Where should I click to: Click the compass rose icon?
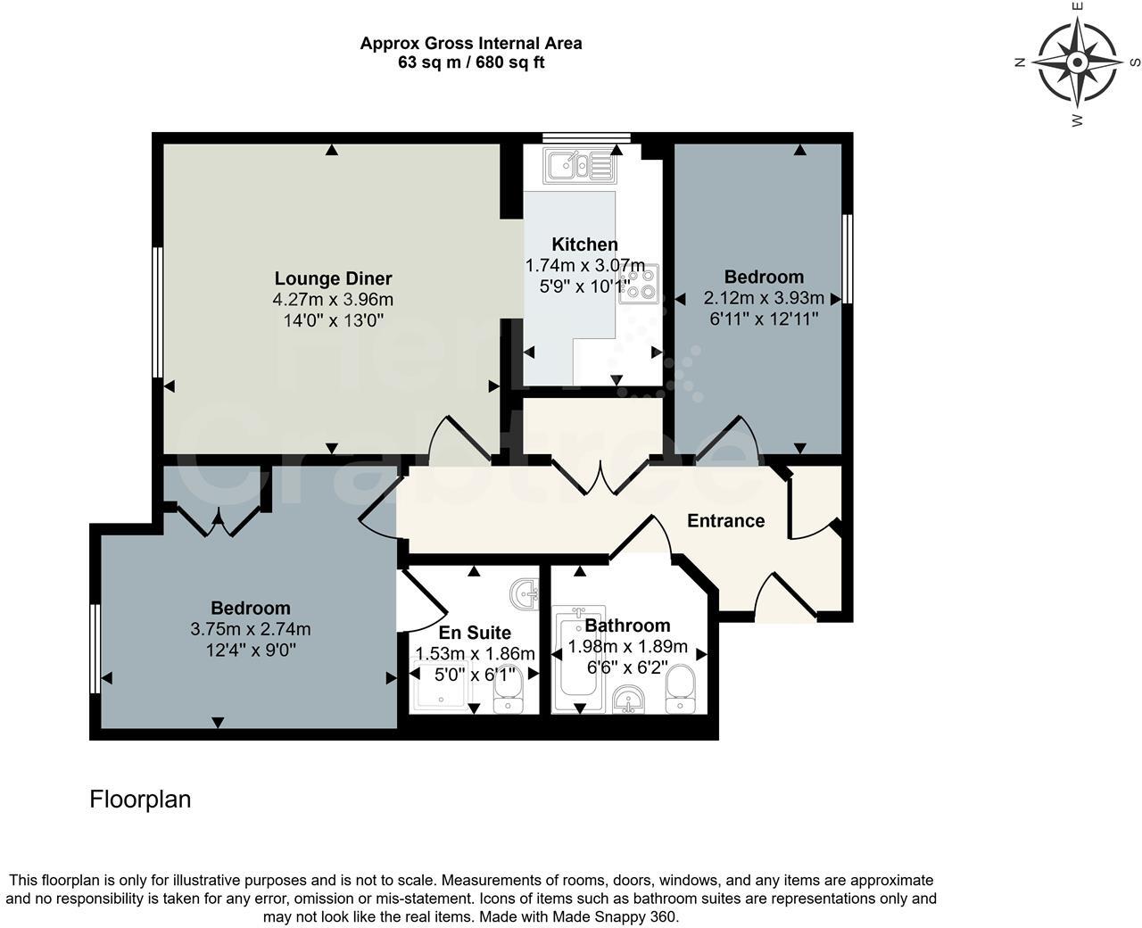point(1077,62)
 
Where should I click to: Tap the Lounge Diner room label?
point(333,278)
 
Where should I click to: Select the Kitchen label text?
point(584,244)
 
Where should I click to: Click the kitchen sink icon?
point(579,165)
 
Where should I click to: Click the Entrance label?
point(725,520)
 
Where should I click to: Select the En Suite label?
point(475,633)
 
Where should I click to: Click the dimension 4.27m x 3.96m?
point(333,300)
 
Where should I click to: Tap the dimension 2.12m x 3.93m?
point(764,298)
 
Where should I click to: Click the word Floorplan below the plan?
point(140,800)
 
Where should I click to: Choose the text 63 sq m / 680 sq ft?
point(471,62)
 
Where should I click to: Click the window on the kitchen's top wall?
point(587,137)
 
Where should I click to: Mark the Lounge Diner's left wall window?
point(157,312)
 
